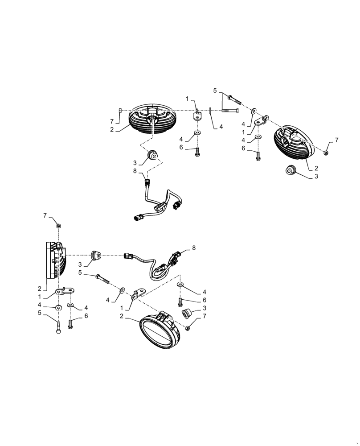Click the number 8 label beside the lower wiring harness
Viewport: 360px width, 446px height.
(194, 247)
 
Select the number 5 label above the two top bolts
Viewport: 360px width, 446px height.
(215, 91)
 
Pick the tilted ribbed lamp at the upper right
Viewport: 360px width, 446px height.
(295, 143)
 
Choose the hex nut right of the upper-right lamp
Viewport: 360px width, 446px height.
(326, 153)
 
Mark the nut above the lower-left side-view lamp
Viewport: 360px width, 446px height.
(58, 226)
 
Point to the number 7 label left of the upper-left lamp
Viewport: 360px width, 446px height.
(112, 121)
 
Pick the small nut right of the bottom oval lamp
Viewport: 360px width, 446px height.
(188, 328)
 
